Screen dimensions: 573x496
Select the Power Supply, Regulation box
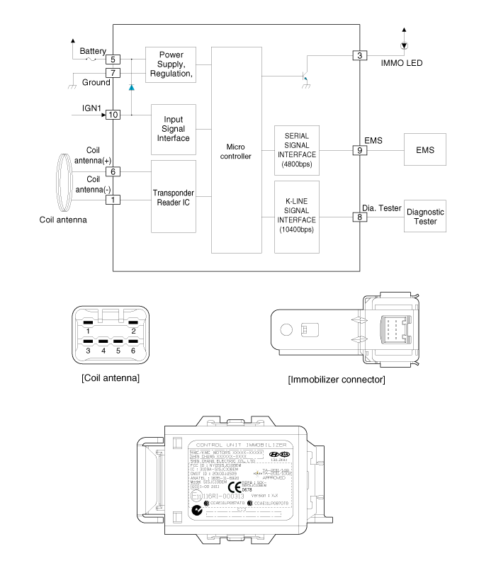pyautogui.click(x=169, y=64)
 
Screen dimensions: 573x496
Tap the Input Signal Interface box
pyautogui.click(x=173, y=129)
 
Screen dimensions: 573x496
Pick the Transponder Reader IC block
pyautogui.click(x=173, y=196)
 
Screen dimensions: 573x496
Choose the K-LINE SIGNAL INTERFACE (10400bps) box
pyautogui.click(x=296, y=216)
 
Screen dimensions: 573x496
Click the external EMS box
pyautogui.click(x=425, y=151)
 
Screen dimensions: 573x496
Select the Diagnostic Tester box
pyautogui.click(x=425, y=217)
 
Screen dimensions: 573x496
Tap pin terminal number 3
pyautogui.click(x=360, y=55)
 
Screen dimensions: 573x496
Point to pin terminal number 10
pyautogui.click(x=113, y=114)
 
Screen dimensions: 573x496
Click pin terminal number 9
pyautogui.click(x=360, y=151)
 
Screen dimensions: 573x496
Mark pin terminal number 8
pyautogui.click(x=360, y=217)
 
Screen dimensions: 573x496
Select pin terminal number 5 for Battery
pyautogui.click(x=113, y=59)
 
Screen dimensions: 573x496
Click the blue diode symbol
pyautogui.click(x=131, y=87)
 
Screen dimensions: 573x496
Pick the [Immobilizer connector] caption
pyautogui.click(x=337, y=380)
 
